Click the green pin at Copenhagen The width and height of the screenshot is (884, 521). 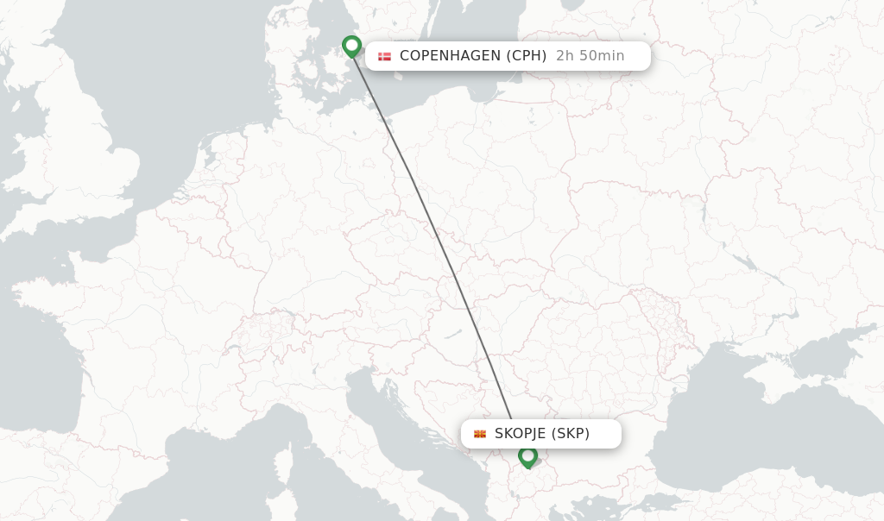[351, 45]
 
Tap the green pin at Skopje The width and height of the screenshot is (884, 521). [527, 455]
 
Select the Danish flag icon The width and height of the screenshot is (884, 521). [384, 56]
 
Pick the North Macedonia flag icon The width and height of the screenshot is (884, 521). [480, 434]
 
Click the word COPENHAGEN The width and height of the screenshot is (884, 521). [450, 56]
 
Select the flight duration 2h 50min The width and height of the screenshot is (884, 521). [590, 56]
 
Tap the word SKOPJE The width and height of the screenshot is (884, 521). [521, 434]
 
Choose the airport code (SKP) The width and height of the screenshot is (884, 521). [571, 434]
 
